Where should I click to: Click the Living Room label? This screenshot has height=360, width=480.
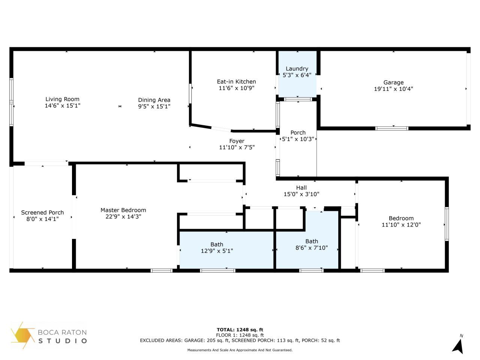(62, 99)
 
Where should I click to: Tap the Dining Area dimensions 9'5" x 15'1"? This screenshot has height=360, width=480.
(154, 106)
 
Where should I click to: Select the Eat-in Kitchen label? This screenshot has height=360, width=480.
(236, 82)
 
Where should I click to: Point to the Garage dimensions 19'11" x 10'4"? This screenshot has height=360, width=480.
(393, 89)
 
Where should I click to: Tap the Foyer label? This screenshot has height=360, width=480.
(237, 141)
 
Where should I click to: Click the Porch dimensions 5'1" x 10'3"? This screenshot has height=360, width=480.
(298, 139)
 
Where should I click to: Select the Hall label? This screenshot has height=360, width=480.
(301, 188)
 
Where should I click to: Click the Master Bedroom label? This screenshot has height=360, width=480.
(123, 210)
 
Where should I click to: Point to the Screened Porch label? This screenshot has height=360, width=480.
(42, 213)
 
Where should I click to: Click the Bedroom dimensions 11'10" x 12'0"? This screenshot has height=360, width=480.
(401, 225)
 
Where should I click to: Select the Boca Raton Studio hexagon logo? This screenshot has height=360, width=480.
(23, 335)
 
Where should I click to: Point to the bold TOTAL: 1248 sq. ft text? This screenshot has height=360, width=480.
(240, 330)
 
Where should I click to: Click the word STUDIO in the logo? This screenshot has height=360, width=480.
(63, 341)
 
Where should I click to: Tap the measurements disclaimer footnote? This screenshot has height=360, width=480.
(240, 350)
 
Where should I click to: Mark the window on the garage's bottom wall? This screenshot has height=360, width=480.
(391, 128)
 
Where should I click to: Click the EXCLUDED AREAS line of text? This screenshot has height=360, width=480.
(240, 340)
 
